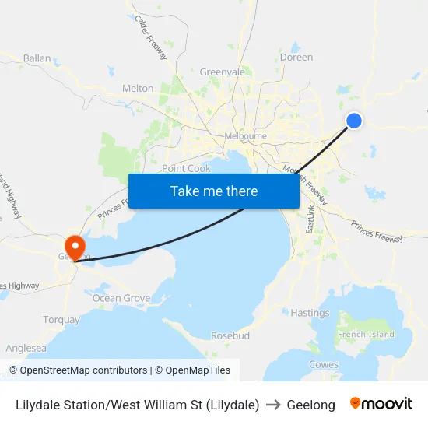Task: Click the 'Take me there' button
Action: [213, 191]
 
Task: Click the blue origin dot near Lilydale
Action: [353, 120]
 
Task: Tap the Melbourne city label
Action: [245, 136]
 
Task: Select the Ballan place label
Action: [37, 58]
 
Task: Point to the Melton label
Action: [138, 89]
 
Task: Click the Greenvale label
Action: [222, 72]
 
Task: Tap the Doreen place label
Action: [296, 58]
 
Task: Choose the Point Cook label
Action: [186, 169]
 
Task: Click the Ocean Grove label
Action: [121, 298]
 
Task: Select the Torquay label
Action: [61, 320]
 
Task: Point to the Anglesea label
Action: [26, 349]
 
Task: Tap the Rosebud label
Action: [230, 335]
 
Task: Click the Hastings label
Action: [310, 313]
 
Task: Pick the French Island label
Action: [366, 335]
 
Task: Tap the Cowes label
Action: [324, 364]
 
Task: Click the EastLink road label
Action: [310, 217]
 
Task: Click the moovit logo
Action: [381, 404]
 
